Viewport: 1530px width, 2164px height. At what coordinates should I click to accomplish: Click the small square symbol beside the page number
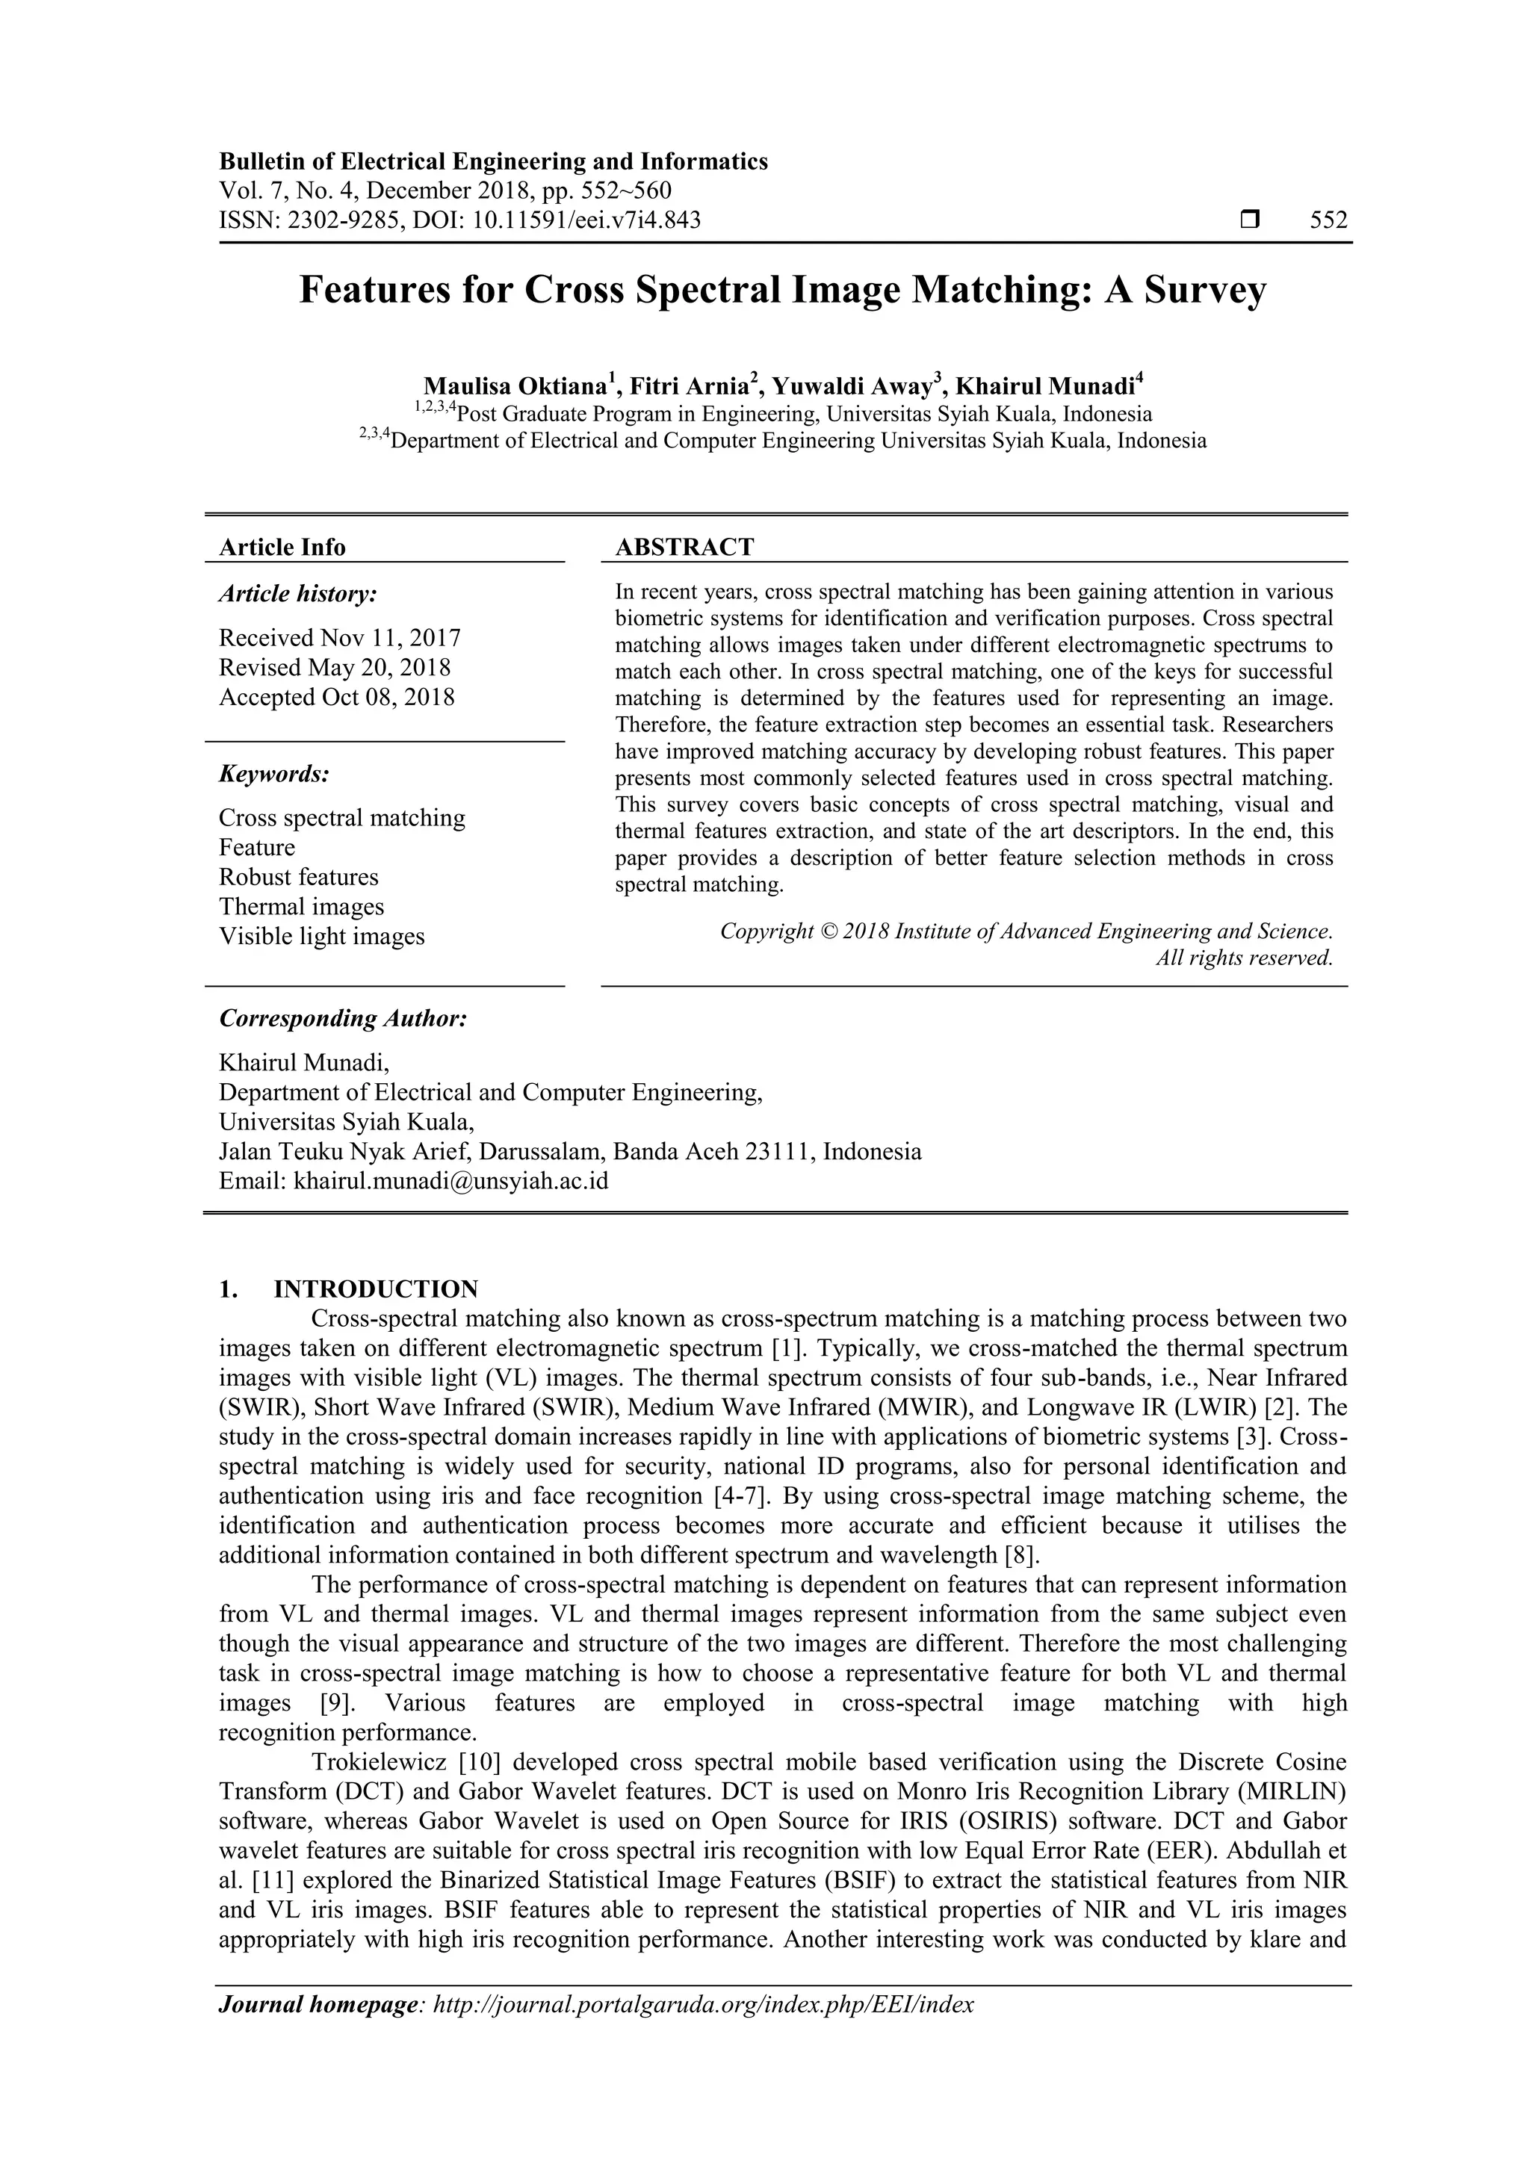click(x=1250, y=220)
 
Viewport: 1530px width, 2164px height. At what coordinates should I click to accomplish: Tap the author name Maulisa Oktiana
click(x=514, y=386)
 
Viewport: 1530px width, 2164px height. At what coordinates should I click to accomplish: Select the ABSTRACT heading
click(x=684, y=548)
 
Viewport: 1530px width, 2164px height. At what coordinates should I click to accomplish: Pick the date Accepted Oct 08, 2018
click(x=336, y=698)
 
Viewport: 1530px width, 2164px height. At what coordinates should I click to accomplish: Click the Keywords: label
click(x=274, y=775)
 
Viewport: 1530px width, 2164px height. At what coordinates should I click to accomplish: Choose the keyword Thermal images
click(x=302, y=907)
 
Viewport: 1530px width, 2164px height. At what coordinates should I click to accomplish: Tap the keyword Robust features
click(x=299, y=878)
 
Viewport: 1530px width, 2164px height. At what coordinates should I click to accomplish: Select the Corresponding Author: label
click(x=343, y=1019)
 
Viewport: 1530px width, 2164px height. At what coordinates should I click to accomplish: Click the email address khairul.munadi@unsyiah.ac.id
click(x=450, y=1181)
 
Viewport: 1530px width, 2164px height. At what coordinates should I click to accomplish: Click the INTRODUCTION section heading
click(x=375, y=1289)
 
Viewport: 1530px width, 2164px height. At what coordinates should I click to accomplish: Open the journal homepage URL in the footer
click(x=702, y=2005)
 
